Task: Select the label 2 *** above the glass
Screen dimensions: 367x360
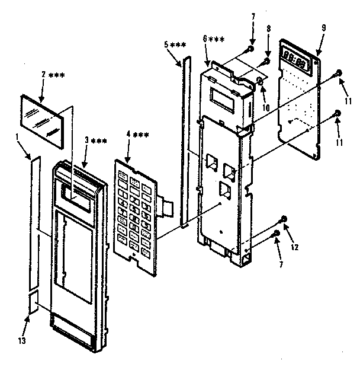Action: [x=52, y=75]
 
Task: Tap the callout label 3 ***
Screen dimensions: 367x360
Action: [x=95, y=139]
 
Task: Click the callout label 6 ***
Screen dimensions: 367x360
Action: [x=213, y=39]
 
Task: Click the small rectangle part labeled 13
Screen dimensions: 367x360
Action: [x=34, y=301]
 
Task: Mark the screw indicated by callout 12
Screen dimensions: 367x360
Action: [x=283, y=219]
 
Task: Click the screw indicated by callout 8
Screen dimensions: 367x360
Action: [x=266, y=59]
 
